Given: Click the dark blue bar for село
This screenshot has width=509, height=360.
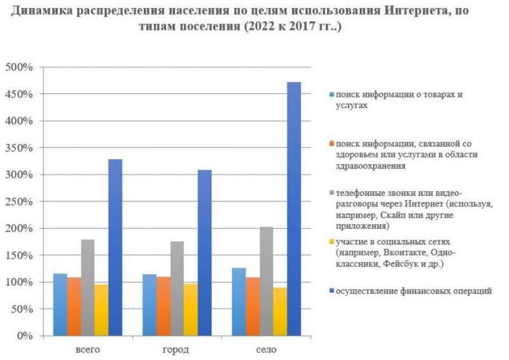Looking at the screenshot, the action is tap(294, 209).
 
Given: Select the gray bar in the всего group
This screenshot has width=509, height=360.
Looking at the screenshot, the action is tap(88, 287).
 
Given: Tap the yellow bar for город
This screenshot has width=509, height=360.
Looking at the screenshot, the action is tap(190, 310).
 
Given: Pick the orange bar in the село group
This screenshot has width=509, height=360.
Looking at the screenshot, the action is tap(253, 307).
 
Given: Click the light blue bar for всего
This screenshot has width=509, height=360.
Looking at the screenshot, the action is tap(60, 305).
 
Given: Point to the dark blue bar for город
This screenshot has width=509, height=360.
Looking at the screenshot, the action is tap(204, 253).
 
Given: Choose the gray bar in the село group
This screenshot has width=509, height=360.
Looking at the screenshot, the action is tap(267, 281).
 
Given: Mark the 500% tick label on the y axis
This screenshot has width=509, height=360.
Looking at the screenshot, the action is tap(19, 67).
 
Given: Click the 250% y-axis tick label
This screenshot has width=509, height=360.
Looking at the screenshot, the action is tap(19, 202).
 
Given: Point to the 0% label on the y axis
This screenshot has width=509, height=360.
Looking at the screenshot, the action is tap(25, 336).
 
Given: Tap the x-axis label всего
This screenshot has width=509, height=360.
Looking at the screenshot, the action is tap(88, 350).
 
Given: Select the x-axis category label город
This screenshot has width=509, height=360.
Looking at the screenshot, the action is tap(176, 350).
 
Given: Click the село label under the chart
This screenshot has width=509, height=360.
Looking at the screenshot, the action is tap(266, 350).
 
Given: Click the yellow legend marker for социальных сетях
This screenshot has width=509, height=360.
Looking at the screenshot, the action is tap(331, 242).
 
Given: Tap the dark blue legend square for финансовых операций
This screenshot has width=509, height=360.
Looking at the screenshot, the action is tap(331, 291).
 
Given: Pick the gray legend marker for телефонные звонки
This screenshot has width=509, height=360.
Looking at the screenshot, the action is tap(331, 193).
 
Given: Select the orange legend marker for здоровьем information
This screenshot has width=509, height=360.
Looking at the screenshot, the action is tap(331, 144).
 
